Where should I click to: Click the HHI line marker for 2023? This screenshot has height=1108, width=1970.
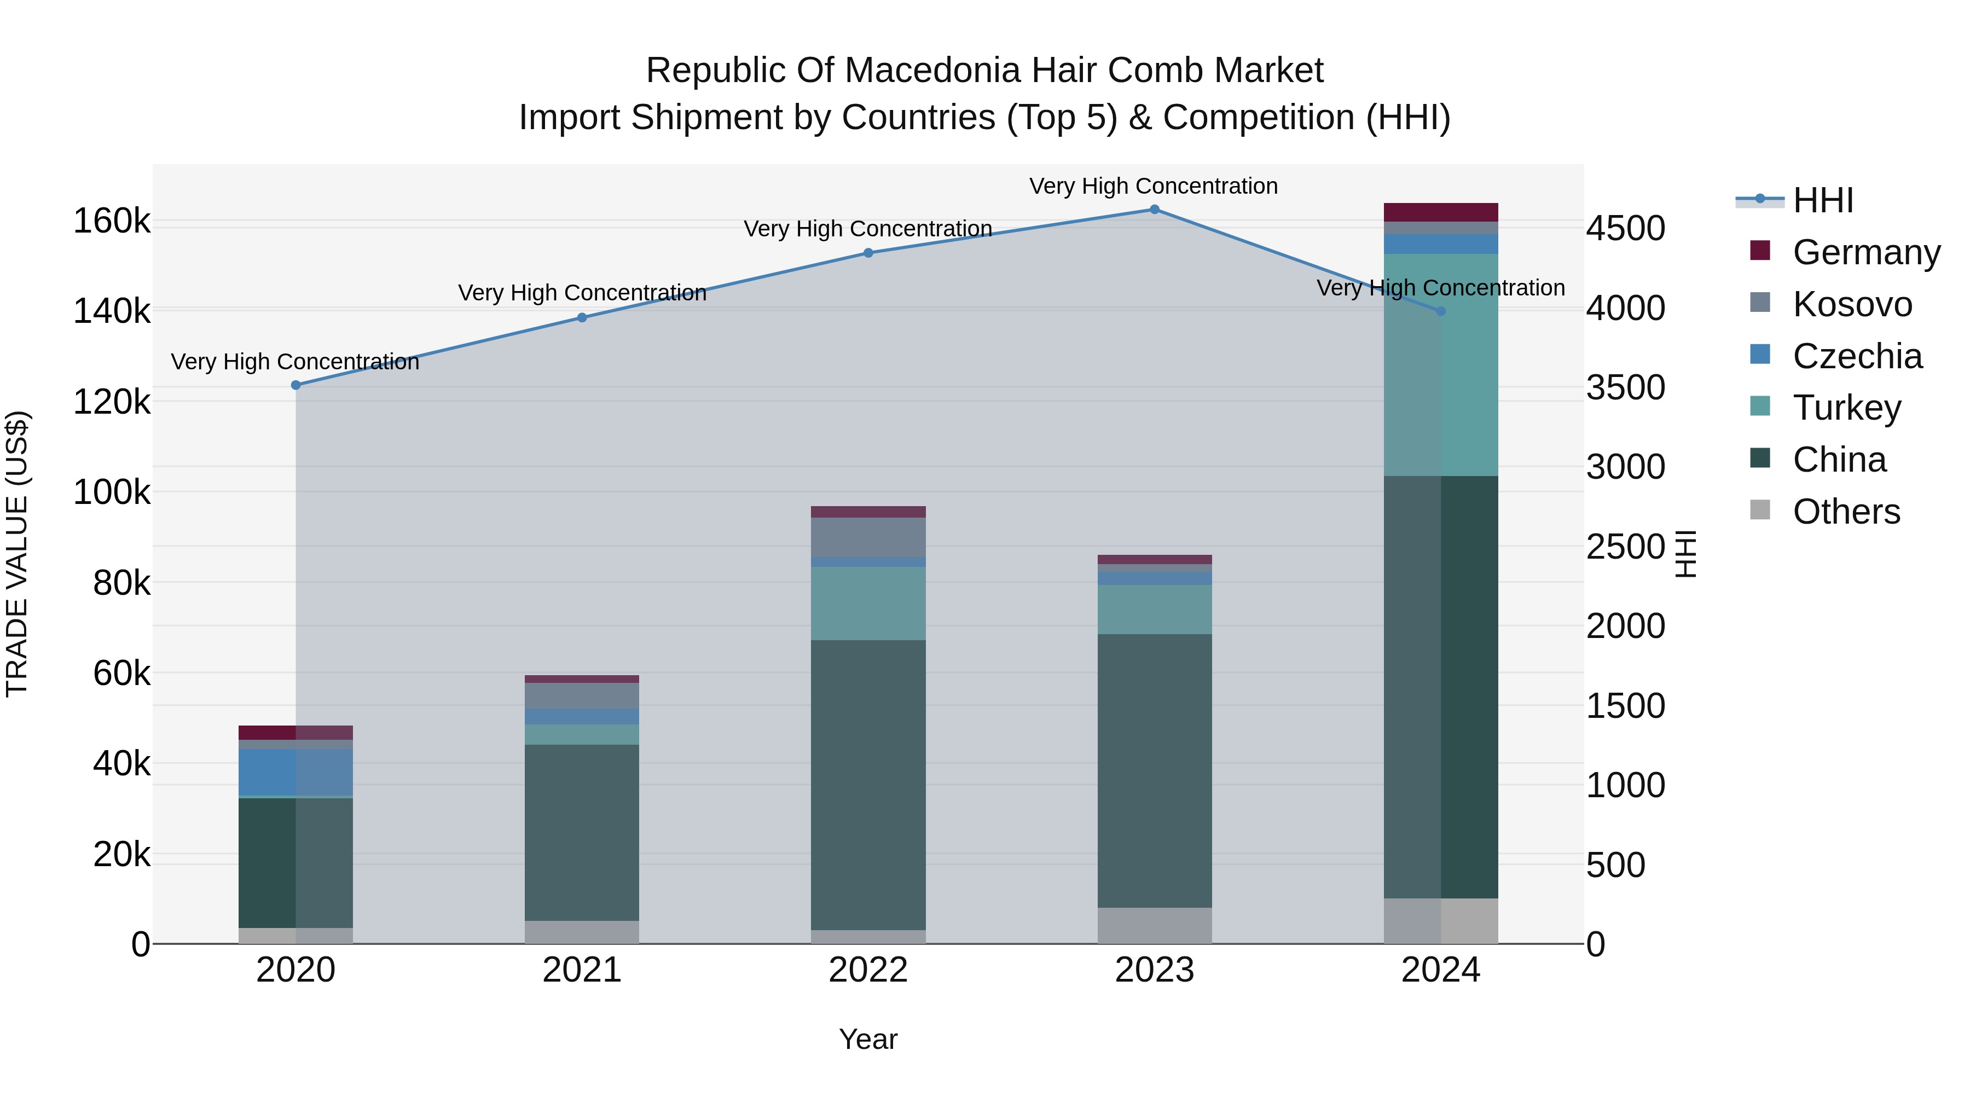tap(1154, 210)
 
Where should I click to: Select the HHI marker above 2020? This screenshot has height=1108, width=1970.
tap(296, 385)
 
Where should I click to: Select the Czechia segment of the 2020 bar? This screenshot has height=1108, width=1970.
tap(296, 771)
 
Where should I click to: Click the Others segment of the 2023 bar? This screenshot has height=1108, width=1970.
tap(1154, 925)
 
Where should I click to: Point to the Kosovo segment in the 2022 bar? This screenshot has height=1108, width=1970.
tap(868, 537)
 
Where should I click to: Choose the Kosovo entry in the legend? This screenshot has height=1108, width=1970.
tap(1851, 304)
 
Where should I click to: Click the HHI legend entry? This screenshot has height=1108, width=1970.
tap(1822, 200)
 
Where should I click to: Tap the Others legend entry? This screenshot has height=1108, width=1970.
tap(1845, 512)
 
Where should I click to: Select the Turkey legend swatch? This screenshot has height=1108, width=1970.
tap(1760, 407)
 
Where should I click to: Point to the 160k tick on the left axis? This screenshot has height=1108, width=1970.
tap(112, 222)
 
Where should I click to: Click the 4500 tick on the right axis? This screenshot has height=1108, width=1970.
tap(1625, 229)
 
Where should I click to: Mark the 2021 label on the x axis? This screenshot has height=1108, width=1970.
tap(582, 970)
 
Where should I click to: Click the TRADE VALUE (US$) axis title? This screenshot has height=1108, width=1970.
tap(17, 554)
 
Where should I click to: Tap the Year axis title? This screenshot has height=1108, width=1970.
tap(868, 1039)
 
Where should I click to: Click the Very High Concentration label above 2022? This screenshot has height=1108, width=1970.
tap(868, 229)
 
